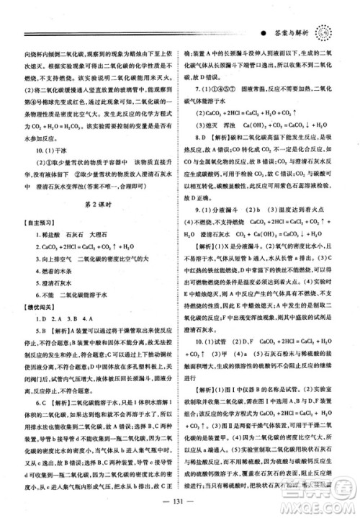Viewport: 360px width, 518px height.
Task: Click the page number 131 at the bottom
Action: [179, 503]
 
